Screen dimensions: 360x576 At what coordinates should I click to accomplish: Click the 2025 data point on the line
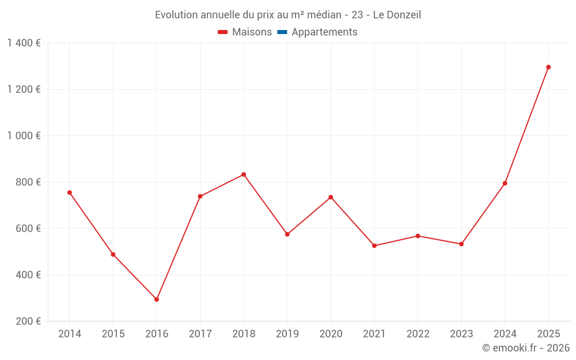click(x=548, y=67)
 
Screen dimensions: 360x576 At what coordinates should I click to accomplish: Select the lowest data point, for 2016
click(x=157, y=300)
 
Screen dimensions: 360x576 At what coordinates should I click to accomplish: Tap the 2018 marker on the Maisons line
click(x=244, y=175)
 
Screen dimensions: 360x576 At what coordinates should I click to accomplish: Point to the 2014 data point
click(x=70, y=192)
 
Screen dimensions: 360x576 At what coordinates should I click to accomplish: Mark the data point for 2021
click(x=374, y=246)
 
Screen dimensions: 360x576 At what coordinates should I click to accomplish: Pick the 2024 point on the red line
click(x=505, y=183)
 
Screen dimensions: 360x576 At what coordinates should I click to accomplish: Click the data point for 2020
click(x=331, y=197)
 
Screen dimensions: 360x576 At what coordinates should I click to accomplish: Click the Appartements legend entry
click(x=324, y=32)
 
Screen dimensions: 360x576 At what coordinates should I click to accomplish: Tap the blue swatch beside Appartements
click(x=282, y=32)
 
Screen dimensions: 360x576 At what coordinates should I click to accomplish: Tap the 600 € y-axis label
click(x=27, y=229)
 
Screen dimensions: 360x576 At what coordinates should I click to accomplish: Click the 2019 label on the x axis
click(x=287, y=334)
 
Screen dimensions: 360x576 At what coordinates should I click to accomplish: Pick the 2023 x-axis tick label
click(x=461, y=334)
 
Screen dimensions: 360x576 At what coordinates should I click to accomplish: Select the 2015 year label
click(x=113, y=334)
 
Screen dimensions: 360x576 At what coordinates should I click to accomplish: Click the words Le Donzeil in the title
click(x=397, y=15)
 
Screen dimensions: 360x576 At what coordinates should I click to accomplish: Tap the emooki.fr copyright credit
click(x=526, y=348)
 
